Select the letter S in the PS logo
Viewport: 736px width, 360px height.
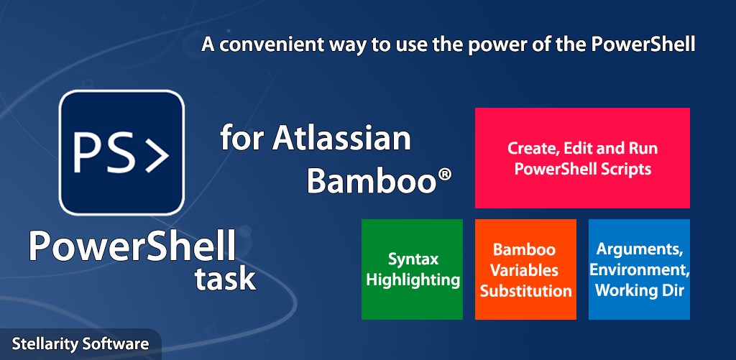(122, 152)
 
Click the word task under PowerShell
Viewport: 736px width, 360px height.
(225, 279)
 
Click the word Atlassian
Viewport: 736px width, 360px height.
(341, 139)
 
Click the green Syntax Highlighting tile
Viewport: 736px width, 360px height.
(412, 269)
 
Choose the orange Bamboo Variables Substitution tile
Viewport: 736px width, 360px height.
(525, 269)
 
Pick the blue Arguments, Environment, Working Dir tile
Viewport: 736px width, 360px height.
(639, 269)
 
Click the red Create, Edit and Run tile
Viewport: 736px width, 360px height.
(582, 157)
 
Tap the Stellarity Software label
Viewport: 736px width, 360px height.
(80, 343)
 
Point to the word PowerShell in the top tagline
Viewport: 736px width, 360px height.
(643, 45)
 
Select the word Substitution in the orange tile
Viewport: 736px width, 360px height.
(525, 291)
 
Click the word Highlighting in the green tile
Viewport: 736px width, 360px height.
(413, 280)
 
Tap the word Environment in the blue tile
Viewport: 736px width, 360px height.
(639, 270)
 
